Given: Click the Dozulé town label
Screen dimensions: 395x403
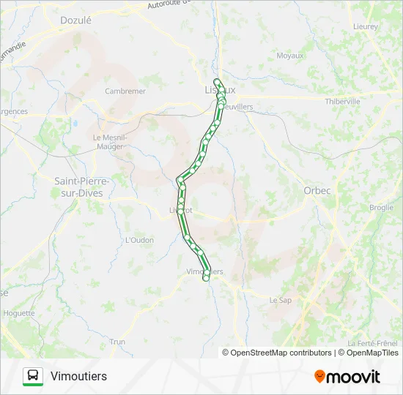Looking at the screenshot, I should (x=75, y=20).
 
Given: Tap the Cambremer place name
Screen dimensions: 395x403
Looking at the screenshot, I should (x=125, y=91).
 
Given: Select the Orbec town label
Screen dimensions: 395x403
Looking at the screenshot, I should (x=317, y=190).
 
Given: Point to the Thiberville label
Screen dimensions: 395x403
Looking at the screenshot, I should (x=343, y=102).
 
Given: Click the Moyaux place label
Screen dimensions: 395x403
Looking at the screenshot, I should (x=290, y=56).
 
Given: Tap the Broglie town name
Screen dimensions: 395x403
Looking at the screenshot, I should (x=382, y=208).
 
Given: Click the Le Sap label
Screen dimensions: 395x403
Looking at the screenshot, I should (x=281, y=300).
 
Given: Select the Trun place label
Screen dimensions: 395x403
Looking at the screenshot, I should (x=117, y=342).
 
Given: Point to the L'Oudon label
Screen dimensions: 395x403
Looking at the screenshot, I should (x=138, y=240).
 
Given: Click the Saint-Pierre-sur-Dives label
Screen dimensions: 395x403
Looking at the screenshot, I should (x=82, y=187).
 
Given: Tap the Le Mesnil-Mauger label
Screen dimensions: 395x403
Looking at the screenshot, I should (x=110, y=141).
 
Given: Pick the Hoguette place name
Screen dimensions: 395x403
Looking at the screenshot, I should (x=19, y=313).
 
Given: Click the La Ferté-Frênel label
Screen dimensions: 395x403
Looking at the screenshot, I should (x=373, y=343).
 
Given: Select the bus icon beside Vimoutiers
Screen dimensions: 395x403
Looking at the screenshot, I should (x=33, y=376).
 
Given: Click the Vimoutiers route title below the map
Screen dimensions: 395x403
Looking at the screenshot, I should (x=79, y=376).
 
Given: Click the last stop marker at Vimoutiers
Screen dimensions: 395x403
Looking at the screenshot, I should (x=207, y=277).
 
